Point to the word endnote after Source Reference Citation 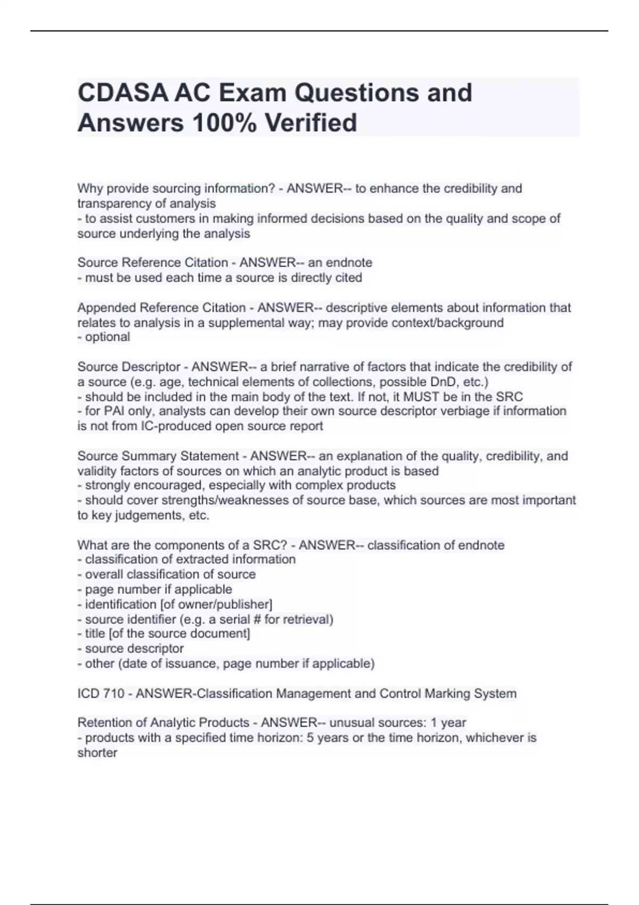point(349,262)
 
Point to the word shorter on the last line point(97,753)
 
